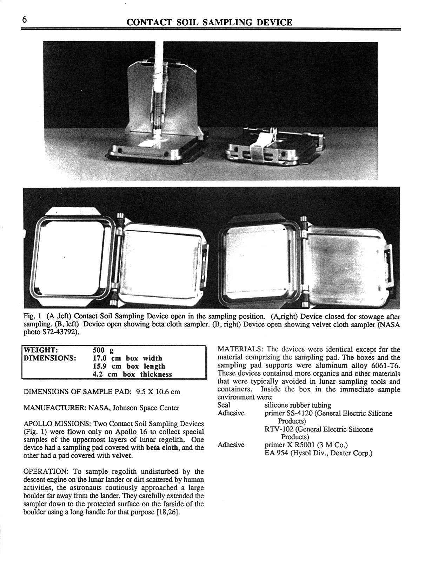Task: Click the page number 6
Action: (x=24, y=20)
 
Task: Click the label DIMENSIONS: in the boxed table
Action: (x=49, y=358)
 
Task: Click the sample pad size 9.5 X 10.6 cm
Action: (x=155, y=392)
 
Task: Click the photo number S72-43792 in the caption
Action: (x=56, y=332)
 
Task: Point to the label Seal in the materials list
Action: (x=224, y=405)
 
